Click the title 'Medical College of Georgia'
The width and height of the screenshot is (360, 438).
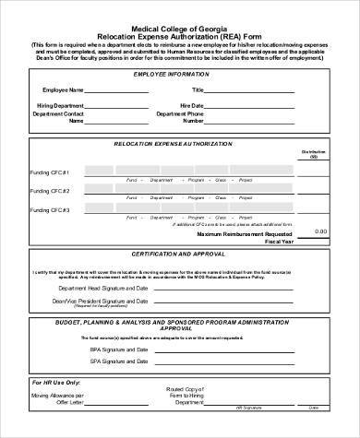coord(180,27)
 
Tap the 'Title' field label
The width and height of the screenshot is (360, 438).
coord(197,90)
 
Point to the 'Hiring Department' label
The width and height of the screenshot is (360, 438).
coord(62,106)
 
